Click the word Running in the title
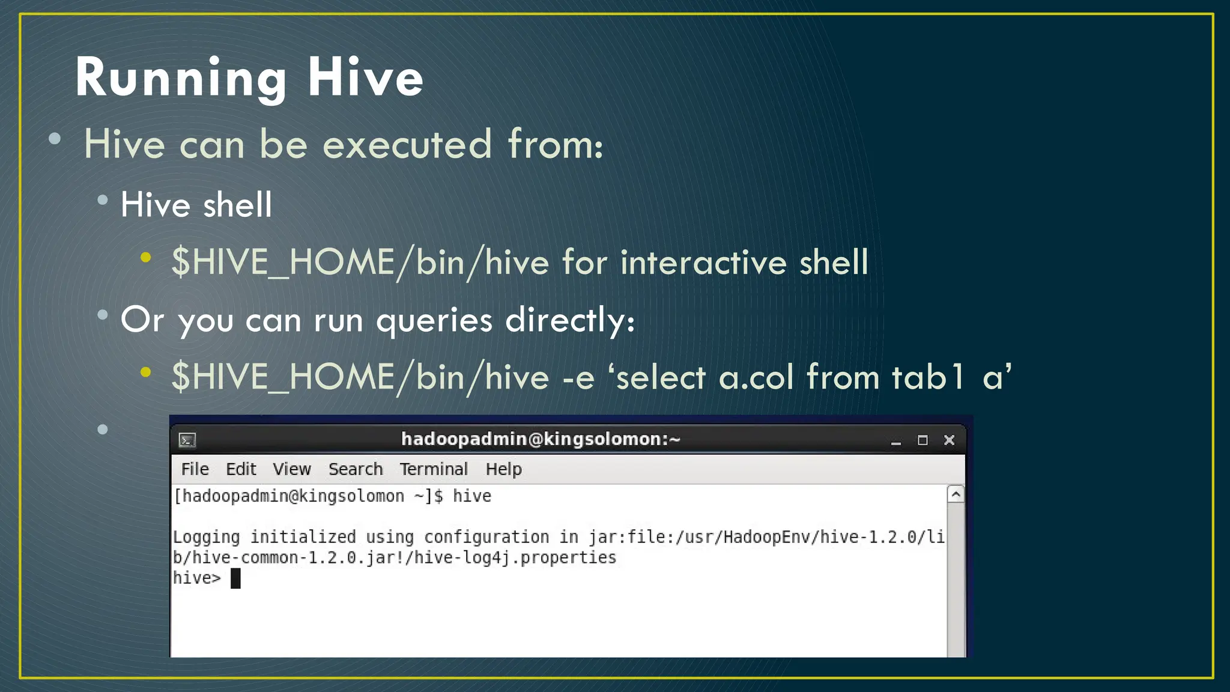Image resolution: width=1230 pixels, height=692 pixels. coord(180,78)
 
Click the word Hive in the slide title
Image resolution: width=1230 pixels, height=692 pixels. coord(365,78)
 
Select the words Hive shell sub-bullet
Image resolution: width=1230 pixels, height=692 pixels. coord(196,205)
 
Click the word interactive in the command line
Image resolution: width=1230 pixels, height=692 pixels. coord(703,263)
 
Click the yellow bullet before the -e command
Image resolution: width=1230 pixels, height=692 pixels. coord(146,372)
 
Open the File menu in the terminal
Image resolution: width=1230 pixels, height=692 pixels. coord(195,469)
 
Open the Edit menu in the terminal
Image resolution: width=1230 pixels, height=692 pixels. coord(241,469)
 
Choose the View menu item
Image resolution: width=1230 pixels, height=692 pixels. coord(292,469)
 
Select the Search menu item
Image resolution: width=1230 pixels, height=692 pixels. coord(356,469)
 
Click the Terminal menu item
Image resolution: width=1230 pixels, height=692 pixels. coord(434,469)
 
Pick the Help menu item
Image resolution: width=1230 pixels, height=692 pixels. coord(503,469)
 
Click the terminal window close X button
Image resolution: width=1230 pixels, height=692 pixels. coord(949,440)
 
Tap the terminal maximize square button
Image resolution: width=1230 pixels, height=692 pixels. coord(922,440)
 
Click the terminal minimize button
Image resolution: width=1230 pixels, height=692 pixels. coord(896,442)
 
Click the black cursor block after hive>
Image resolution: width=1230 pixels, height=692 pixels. coord(235,578)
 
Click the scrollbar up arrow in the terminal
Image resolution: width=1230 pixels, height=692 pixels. coord(956,494)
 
